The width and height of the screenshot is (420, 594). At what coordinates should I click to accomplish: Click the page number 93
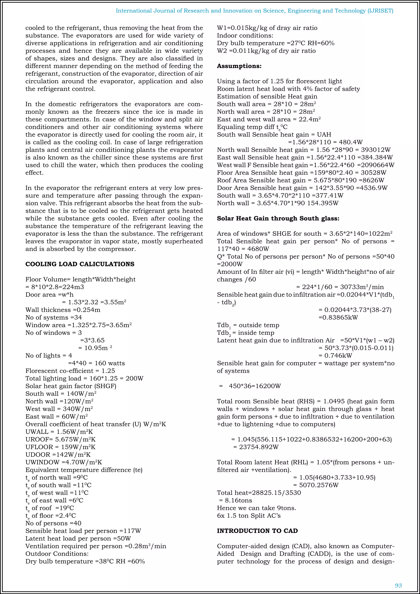tap(398, 585)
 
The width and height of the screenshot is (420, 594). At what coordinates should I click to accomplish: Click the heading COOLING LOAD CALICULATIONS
tap(80, 264)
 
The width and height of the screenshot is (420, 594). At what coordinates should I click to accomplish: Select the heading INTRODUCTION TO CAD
tap(257, 531)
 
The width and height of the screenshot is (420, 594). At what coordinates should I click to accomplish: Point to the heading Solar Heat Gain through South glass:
tap(278, 219)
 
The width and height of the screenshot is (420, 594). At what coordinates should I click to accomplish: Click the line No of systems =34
tap(54, 318)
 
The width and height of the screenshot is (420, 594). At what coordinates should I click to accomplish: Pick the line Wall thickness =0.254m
tap(63, 310)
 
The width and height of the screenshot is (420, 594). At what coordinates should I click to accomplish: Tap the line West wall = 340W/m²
tap(59, 409)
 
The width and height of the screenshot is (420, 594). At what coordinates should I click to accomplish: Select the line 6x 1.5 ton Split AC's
tap(249, 516)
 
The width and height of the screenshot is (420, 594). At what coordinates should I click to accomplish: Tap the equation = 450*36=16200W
tap(250, 386)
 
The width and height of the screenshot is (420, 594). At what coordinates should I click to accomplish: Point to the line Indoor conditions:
tap(245, 36)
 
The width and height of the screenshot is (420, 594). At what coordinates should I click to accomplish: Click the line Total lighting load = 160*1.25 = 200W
tap(84, 378)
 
